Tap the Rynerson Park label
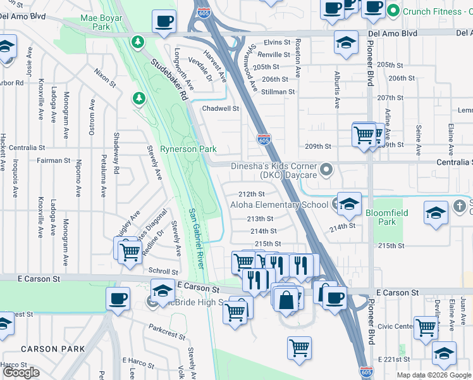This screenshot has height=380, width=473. [x=188, y=149]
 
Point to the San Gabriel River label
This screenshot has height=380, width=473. [x=196, y=237]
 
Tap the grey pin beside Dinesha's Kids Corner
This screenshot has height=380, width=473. [x=326, y=169]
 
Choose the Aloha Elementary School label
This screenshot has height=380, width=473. [x=279, y=205]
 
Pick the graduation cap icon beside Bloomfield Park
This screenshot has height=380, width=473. [x=436, y=213]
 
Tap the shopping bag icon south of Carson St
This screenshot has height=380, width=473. [x=286, y=299]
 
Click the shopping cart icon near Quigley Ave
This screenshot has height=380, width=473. [x=130, y=251]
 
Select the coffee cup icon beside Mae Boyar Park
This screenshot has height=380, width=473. [x=164, y=21]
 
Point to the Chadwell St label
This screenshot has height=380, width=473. [x=220, y=108]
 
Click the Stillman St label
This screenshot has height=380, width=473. [x=278, y=92]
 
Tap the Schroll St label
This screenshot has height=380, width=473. [x=158, y=270]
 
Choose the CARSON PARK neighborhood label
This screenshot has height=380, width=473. [x=52, y=349]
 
